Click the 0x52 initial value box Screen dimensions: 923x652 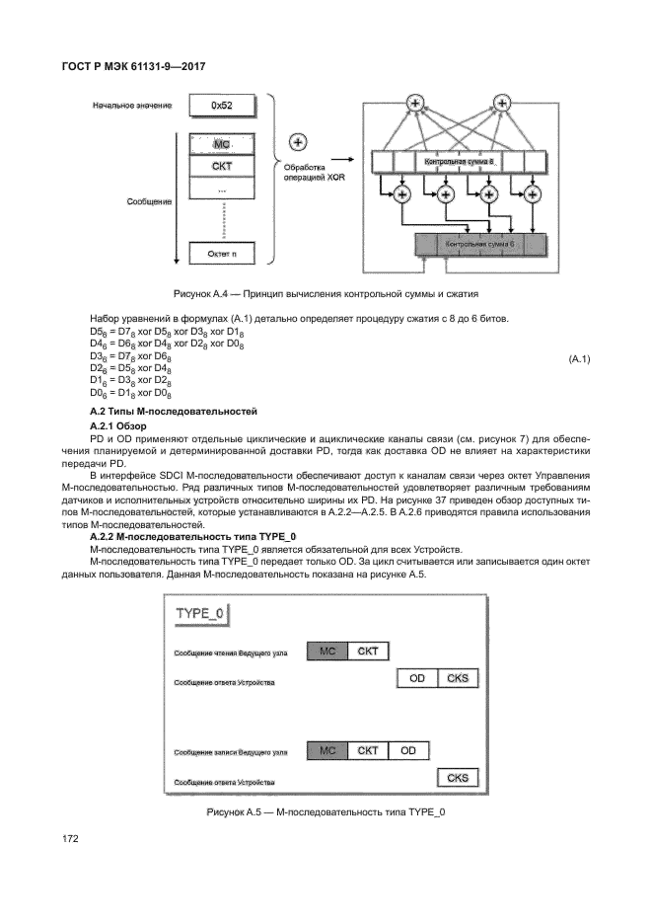(221, 104)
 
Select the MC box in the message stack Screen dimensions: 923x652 (221, 144)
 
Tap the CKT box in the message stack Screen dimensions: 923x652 (221, 166)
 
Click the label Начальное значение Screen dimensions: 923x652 (132, 105)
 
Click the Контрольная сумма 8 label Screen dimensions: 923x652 (459, 160)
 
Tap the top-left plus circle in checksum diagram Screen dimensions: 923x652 (415, 102)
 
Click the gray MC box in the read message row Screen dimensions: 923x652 (326, 651)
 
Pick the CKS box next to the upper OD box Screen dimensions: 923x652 (458, 678)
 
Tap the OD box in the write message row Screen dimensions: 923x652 (408, 750)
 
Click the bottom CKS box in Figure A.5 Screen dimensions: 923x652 (458, 778)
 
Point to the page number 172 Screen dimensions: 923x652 (70, 838)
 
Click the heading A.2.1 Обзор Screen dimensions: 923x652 (117, 425)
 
